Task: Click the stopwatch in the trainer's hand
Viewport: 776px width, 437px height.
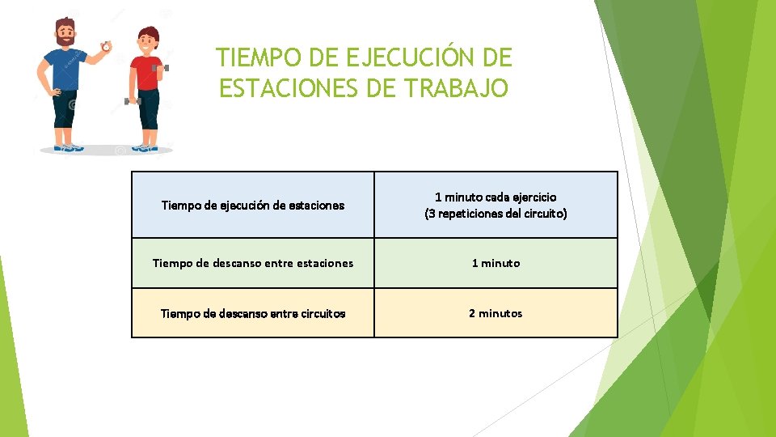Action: click(106, 47)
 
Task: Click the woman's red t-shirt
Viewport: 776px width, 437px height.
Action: click(146, 73)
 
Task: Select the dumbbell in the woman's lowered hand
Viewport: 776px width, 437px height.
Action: click(132, 101)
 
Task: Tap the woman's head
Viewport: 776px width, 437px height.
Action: click(147, 40)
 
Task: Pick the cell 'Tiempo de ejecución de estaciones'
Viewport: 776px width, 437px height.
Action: click(253, 205)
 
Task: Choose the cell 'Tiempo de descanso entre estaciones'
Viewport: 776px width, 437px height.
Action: click(253, 263)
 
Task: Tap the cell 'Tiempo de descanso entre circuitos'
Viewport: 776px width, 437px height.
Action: click(253, 313)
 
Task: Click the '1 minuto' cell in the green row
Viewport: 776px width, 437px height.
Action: click(496, 263)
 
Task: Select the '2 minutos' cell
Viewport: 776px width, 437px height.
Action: click(496, 313)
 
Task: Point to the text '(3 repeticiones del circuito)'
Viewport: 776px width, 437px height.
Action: click(496, 214)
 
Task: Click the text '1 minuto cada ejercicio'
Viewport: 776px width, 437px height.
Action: click(496, 197)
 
